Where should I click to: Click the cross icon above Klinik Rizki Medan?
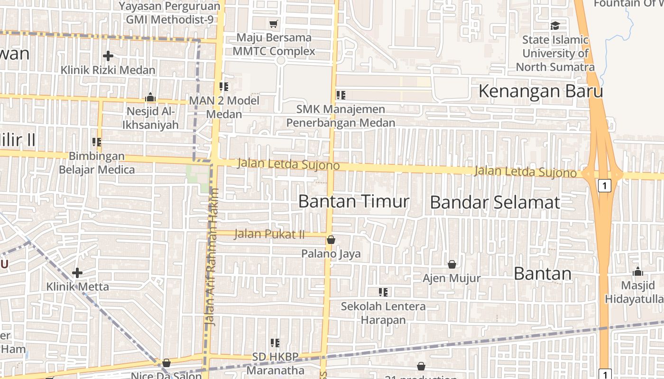[108, 56]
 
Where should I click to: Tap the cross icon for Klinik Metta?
[77, 273]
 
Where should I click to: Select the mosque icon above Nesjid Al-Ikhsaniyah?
[150, 98]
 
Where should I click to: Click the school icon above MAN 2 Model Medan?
[224, 87]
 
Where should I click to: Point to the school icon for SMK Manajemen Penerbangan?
[341, 95]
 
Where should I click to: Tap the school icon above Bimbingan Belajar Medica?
[97, 142]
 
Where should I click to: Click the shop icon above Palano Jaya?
[331, 240]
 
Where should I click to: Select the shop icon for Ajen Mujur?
[452, 264]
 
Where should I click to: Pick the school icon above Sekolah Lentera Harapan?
[383, 292]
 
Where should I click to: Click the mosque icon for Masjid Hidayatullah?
[638, 271]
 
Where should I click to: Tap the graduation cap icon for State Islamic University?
[555, 26]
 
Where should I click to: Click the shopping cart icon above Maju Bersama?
[274, 24]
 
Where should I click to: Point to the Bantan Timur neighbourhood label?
[354, 201]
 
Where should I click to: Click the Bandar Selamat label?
[495, 202]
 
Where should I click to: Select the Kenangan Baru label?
[540, 91]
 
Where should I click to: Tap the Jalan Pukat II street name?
[269, 234]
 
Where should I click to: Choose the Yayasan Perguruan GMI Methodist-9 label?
[169, 13]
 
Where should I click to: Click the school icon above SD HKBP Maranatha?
[275, 343]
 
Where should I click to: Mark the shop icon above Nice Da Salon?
[166, 363]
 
